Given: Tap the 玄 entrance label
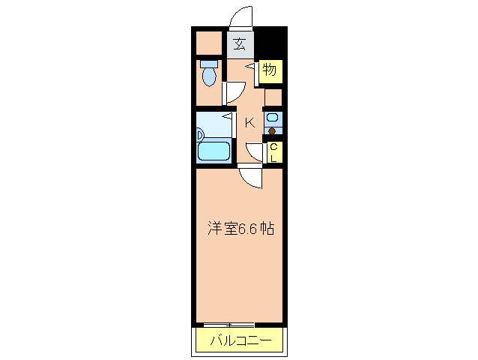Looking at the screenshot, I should coord(239,43).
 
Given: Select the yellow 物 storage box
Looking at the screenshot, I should coord(270,71).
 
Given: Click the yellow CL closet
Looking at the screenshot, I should coord(274,153).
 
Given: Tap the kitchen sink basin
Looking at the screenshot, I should coord(273,118).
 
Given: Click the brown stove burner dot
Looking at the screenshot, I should coord(273,133).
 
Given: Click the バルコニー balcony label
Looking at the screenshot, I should coord(240,341).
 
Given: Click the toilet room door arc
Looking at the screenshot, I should coord(232,92).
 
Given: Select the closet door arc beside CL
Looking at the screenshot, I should coord(255,152).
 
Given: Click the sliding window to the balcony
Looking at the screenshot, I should coord(229,324).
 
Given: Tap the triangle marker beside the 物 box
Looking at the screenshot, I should coord(252,67).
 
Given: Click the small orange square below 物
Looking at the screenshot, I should coord(273,97).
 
